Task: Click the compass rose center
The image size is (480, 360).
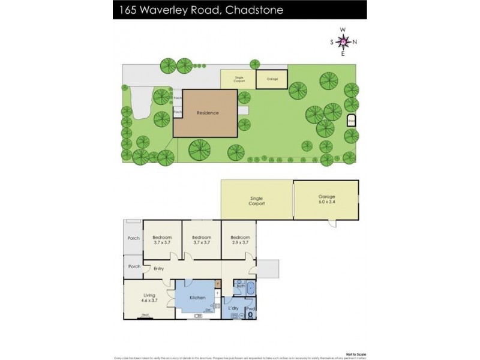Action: tap(343, 41)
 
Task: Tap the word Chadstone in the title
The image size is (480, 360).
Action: tap(254, 10)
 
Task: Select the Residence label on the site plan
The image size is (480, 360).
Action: tap(208, 112)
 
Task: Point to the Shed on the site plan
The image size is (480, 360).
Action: tap(352, 121)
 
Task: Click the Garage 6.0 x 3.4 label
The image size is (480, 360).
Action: tap(326, 199)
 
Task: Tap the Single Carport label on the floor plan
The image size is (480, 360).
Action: tap(256, 200)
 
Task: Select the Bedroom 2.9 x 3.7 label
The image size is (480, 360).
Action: tap(239, 239)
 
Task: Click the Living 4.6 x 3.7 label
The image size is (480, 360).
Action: tap(149, 297)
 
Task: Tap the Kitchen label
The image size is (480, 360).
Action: tap(197, 298)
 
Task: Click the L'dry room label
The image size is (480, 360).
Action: tap(233, 308)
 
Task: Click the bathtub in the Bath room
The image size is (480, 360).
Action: tap(250, 287)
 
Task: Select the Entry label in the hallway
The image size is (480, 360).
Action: tap(158, 268)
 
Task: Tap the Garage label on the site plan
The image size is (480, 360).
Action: tap(272, 79)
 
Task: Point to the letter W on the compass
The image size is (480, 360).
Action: tap(343, 29)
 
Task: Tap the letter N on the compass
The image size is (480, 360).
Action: tap(355, 41)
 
